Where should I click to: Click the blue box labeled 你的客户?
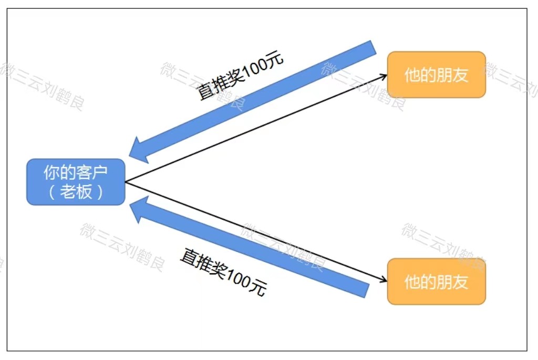(x=76, y=182)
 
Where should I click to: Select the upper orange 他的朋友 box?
(x=437, y=75)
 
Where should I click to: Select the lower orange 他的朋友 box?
(x=437, y=281)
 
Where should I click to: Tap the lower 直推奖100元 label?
(x=223, y=272)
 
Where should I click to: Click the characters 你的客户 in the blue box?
(x=76, y=172)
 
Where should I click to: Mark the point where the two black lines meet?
(x=126, y=181)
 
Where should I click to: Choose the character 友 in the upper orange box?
(x=460, y=75)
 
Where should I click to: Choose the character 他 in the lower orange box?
(x=412, y=282)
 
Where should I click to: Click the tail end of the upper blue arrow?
(x=374, y=47)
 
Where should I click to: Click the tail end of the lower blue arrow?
(x=367, y=291)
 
